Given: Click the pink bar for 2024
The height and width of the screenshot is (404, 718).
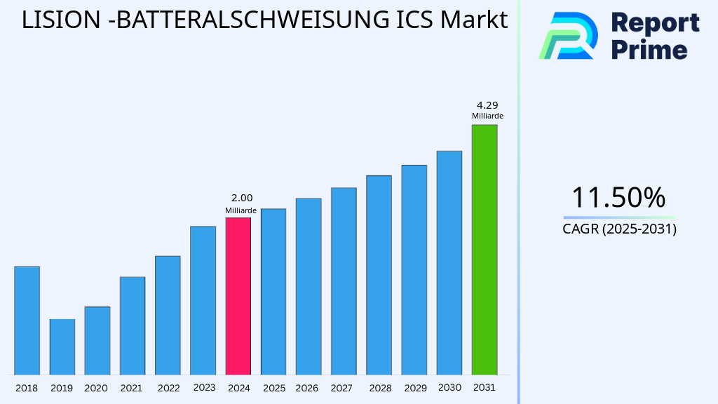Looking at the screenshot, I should point(238,296).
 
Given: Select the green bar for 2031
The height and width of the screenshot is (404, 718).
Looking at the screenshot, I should point(484,250).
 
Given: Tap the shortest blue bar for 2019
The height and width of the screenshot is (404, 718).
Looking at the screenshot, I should point(62,347).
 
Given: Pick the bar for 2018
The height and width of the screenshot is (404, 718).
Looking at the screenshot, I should point(27,321).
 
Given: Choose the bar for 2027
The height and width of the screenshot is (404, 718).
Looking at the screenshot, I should point(344,281).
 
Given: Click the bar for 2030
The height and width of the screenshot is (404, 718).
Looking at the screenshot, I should point(449,263).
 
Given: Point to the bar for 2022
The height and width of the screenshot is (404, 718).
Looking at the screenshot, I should point(168,315).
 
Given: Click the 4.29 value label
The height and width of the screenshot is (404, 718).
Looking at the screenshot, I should point(487,105).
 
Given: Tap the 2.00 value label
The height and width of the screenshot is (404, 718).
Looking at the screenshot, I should point(241,198).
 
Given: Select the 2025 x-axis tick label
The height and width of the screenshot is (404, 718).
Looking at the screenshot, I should point(273,388).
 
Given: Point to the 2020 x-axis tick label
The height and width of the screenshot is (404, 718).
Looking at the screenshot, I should point(96,388).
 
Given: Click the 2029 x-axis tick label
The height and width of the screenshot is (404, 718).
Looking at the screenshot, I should point(414,388).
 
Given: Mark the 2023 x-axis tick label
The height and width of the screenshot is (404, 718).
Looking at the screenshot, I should point(204,387).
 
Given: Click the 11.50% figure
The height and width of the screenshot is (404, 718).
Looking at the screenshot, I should point(618,198).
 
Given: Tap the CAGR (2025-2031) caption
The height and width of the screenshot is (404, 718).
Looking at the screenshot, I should point(619,229).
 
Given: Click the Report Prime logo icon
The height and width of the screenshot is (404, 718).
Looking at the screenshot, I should point(568,35).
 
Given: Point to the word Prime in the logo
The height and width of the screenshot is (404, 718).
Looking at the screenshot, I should point(649,49).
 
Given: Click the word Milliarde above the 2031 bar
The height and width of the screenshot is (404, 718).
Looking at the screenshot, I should point(487,116).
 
